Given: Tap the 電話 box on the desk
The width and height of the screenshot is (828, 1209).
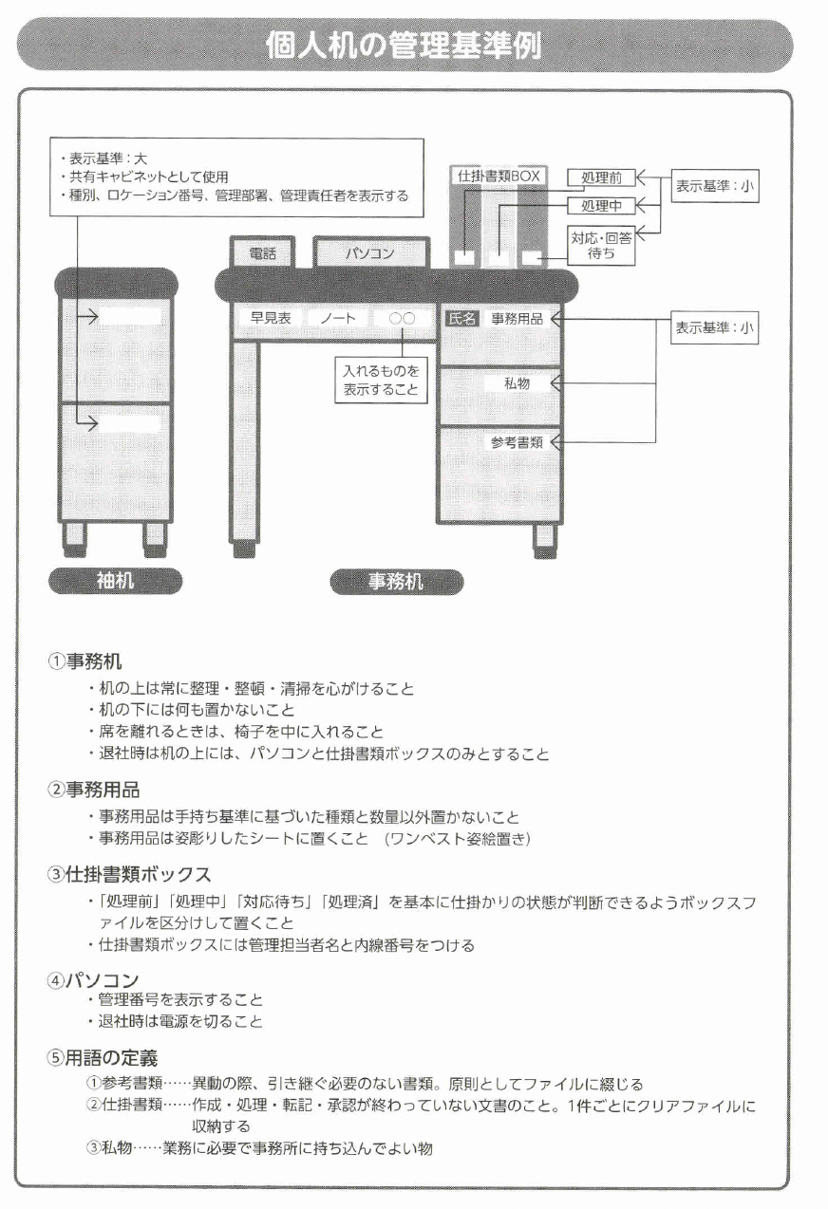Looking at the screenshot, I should click(x=262, y=253).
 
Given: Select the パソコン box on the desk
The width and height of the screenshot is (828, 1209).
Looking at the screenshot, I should click(x=369, y=253).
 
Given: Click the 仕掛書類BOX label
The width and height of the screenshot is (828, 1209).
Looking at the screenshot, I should click(x=498, y=176).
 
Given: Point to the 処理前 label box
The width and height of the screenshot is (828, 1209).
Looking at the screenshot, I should click(x=600, y=177).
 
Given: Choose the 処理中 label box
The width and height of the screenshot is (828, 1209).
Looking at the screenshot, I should click(x=600, y=205).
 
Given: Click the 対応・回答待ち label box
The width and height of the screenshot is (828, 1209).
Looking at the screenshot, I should click(x=600, y=245).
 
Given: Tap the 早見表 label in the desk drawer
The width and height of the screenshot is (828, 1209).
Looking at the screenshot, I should click(x=270, y=319).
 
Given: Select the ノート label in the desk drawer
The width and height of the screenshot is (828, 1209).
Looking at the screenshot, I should click(x=338, y=319).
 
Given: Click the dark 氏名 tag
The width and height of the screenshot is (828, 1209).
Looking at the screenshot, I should click(x=461, y=319).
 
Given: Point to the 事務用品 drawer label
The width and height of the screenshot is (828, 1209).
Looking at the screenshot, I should click(x=517, y=319).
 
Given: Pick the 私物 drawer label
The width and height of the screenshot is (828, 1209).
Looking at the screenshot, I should click(x=517, y=383).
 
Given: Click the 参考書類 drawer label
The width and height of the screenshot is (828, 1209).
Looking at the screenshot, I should click(x=517, y=442).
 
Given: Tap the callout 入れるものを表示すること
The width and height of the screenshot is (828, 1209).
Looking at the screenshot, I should click(x=381, y=381).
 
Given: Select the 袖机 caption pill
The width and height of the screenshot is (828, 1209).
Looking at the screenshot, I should click(x=115, y=582).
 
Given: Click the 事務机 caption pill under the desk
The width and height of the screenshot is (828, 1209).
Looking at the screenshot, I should click(x=396, y=582).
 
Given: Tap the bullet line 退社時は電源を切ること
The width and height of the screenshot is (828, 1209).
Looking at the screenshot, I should click(x=180, y=1021).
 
